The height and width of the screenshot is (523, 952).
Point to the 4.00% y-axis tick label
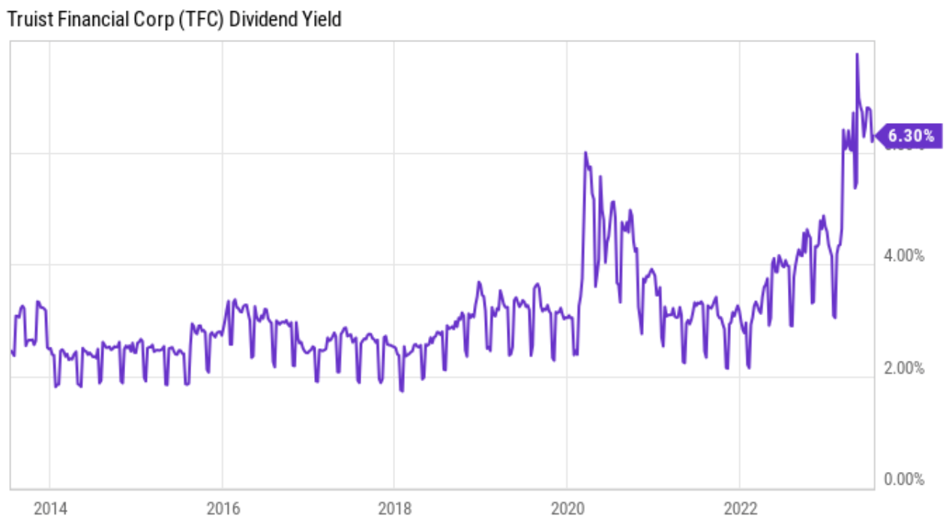coord(904,256)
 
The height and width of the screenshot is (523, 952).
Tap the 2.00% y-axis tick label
coord(904,368)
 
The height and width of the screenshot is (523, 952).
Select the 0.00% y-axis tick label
coord(904,479)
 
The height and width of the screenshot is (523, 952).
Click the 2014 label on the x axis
coord(49,509)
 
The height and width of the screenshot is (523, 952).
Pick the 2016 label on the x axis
coord(223,509)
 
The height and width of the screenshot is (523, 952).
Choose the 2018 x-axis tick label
coord(394,509)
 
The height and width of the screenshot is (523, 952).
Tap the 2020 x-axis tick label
coord(567,509)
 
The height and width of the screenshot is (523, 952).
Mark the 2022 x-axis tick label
coord(740,509)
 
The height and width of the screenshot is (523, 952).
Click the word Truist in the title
coord(25,20)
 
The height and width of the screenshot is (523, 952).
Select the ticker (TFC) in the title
coord(201,20)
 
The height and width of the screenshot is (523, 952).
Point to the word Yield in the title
coord(322,20)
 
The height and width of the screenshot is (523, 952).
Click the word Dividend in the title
coord(263,20)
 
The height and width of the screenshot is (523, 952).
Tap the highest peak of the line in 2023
coord(857,54)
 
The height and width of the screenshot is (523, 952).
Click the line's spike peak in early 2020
coord(585,152)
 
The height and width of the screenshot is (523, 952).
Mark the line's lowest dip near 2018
coord(402,391)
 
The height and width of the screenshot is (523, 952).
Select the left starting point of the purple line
coord(11,351)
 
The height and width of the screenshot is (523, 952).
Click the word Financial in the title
coord(85,20)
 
